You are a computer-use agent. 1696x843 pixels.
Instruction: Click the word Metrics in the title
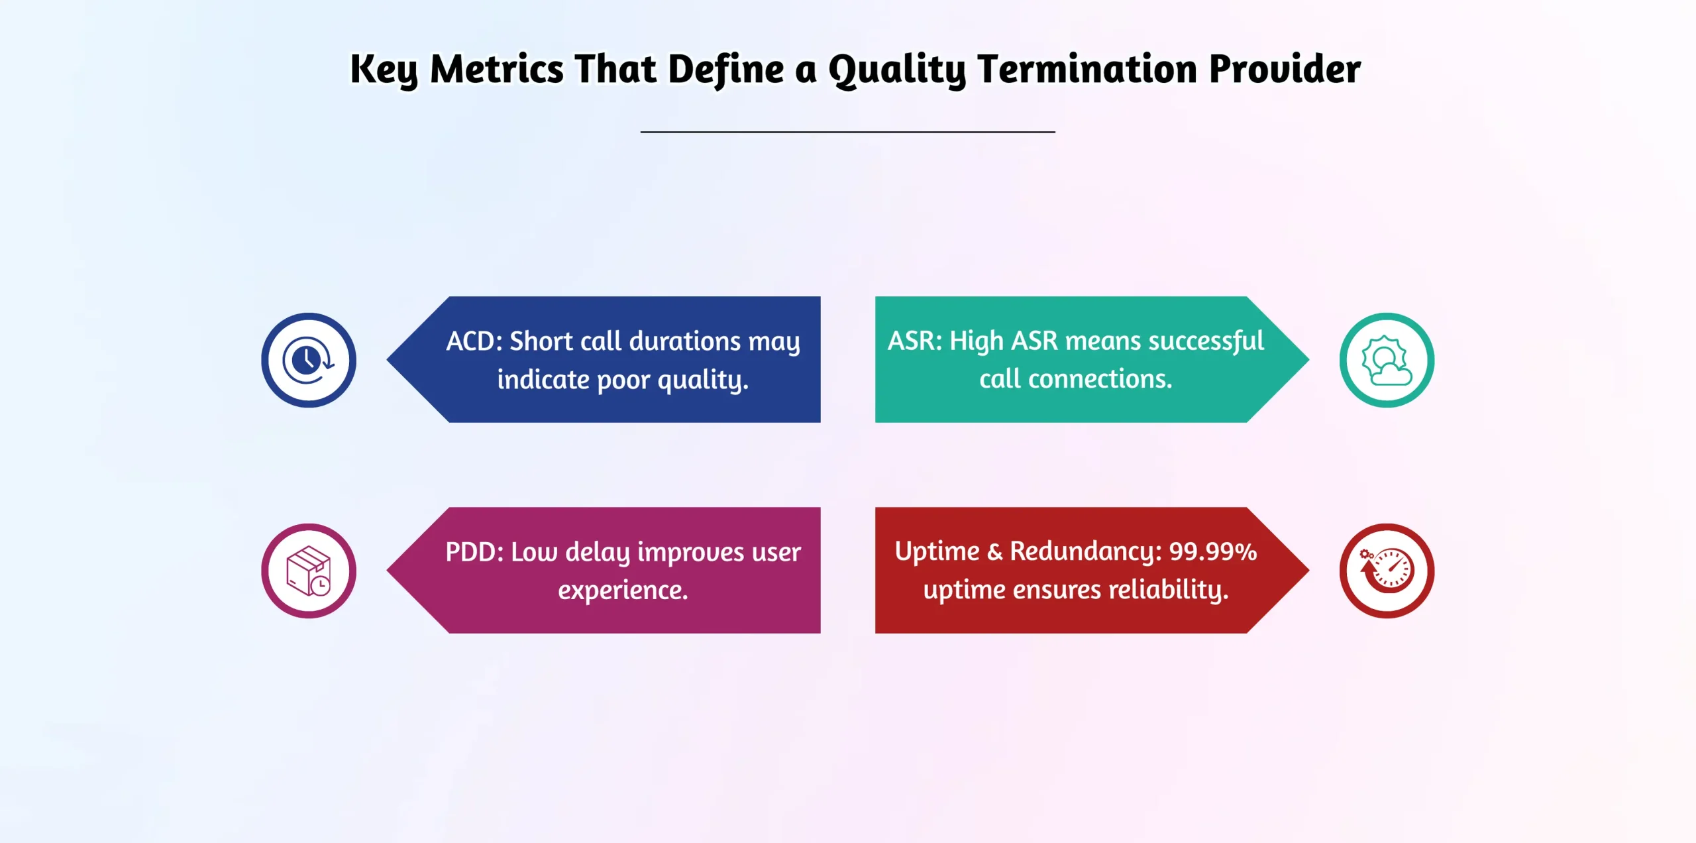(x=496, y=69)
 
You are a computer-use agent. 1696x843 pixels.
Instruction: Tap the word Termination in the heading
(x=1087, y=69)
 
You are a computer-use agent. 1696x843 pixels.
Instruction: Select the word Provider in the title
(x=1285, y=69)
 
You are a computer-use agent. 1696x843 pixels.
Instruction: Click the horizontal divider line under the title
(x=847, y=132)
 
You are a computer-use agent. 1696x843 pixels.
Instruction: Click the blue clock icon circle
(x=308, y=360)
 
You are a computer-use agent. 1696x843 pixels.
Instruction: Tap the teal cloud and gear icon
(x=1387, y=360)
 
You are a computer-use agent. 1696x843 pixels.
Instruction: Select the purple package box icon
(x=308, y=571)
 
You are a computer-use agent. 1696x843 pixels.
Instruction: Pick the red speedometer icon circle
(x=1387, y=571)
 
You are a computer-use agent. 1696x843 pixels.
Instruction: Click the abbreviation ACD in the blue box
(x=474, y=341)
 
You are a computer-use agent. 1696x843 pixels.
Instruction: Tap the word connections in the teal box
(x=1100, y=379)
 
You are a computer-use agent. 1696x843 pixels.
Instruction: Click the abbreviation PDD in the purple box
(x=474, y=552)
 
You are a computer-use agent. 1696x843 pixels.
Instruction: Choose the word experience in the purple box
(x=622, y=590)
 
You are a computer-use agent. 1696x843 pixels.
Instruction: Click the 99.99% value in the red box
(x=1212, y=551)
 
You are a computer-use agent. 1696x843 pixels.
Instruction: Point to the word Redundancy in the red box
(x=1085, y=551)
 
